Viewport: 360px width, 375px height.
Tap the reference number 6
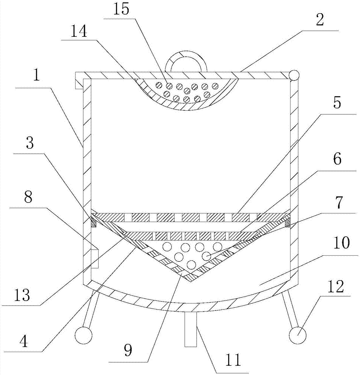(336, 160)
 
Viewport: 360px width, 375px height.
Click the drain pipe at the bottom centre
(191, 330)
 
